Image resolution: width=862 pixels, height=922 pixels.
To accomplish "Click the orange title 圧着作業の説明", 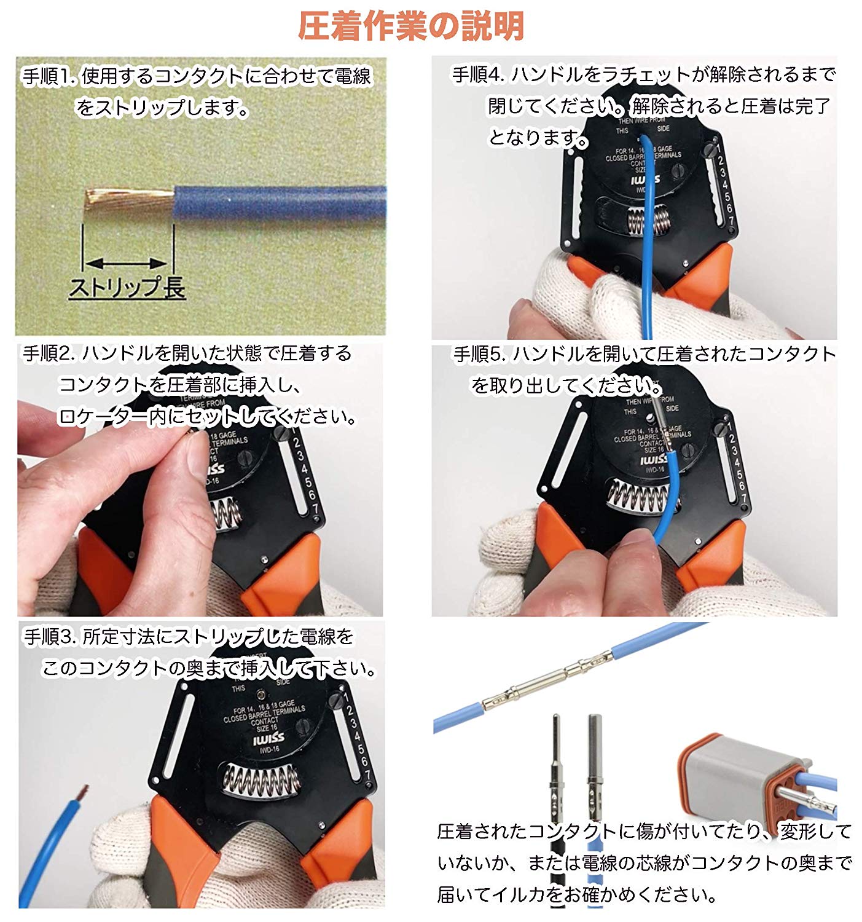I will tap(410, 26).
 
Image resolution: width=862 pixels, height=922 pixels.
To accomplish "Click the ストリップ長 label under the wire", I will tap(127, 288).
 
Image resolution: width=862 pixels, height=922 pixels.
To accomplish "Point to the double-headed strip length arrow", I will tap(127, 264).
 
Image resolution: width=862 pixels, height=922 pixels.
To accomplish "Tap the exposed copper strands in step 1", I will tap(128, 199).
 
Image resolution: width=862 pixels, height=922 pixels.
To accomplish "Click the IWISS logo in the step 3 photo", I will tap(268, 738).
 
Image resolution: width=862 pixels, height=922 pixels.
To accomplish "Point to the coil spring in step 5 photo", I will tap(639, 495).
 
